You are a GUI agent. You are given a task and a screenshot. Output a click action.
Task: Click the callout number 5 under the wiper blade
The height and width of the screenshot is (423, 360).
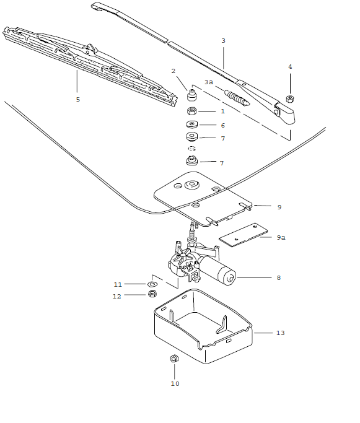pyautogui.click(x=77, y=99)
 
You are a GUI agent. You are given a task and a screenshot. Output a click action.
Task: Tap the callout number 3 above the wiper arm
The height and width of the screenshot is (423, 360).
pyautogui.click(x=223, y=41)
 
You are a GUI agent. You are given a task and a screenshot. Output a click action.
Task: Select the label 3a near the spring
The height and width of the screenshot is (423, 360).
pyautogui.click(x=209, y=82)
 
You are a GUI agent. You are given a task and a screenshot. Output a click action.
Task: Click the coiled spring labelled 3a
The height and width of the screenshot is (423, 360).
pyautogui.click(x=237, y=98)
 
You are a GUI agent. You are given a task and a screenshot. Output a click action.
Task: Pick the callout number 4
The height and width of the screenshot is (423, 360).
pyautogui.click(x=289, y=66)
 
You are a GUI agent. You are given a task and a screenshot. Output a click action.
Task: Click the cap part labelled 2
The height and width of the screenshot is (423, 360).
pyautogui.click(x=193, y=97)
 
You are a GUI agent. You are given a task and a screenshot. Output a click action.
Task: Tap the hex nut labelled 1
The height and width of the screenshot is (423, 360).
pyautogui.click(x=193, y=111)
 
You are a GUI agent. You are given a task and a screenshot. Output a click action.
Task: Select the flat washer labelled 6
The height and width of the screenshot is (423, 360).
pyautogui.click(x=193, y=125)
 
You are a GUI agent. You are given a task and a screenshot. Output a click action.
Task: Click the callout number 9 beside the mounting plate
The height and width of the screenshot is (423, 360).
pyautogui.click(x=279, y=207)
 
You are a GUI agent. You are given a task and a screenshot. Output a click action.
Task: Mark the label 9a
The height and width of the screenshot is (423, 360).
pyautogui.click(x=281, y=237)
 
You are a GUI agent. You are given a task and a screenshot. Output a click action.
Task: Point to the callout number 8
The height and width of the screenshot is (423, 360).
pyautogui.click(x=279, y=278)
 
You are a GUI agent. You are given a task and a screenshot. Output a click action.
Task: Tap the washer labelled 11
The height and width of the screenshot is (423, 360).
pyautogui.click(x=152, y=284)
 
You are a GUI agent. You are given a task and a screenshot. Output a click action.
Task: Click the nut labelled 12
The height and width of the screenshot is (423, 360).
pyautogui.click(x=153, y=295)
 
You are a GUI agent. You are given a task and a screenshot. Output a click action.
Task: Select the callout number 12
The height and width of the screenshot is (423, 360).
pyautogui.click(x=117, y=296)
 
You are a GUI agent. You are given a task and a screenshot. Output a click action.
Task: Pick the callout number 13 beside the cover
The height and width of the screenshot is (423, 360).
pyautogui.click(x=280, y=333)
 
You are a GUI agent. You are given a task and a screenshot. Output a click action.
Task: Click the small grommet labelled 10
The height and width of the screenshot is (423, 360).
pyautogui.click(x=174, y=359)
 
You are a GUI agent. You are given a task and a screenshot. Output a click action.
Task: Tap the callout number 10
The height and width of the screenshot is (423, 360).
pyautogui.click(x=175, y=384)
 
